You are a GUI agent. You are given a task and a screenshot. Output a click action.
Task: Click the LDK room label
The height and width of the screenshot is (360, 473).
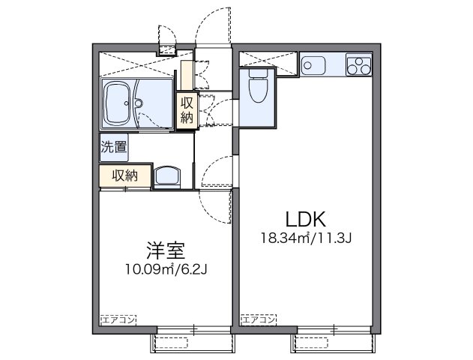[304, 220]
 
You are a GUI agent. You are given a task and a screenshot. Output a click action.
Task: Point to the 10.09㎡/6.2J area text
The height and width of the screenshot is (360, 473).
[166, 268]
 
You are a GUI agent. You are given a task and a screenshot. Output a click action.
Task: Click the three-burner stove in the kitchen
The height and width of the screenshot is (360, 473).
[359, 65]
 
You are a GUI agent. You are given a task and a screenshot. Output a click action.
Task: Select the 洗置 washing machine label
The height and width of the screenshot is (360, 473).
[114, 148]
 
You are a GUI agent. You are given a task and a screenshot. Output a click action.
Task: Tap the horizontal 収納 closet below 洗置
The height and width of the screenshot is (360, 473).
[124, 175]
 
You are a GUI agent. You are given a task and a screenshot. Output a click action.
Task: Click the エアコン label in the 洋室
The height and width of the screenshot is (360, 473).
[118, 319]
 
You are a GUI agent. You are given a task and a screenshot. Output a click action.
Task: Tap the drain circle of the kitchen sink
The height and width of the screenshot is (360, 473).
[307, 65]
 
